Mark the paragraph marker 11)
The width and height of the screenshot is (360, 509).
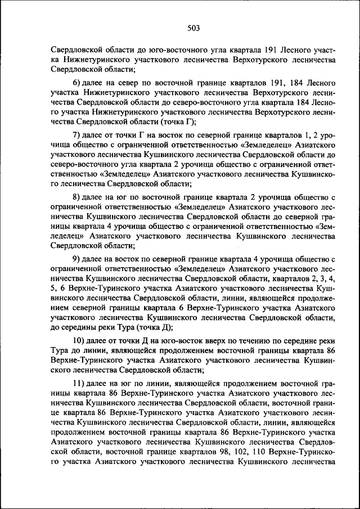coord(79,383)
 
